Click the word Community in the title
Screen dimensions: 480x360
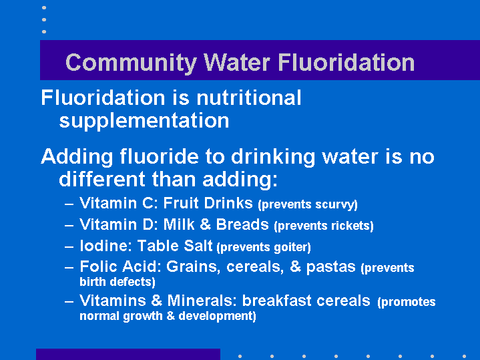[x=131, y=63]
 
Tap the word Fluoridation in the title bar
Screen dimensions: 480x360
[x=346, y=62]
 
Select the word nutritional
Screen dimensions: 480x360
[x=249, y=98]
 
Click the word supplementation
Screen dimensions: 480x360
[x=144, y=121]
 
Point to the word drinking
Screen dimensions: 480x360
[x=273, y=157]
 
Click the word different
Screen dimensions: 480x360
[x=102, y=179]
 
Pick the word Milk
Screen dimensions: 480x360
[x=179, y=224]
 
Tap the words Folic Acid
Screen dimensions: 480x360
[x=120, y=266]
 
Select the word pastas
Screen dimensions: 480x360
[x=331, y=267]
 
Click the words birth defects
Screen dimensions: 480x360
[x=117, y=282]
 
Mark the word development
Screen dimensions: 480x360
[x=217, y=316]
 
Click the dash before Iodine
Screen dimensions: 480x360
[x=69, y=246]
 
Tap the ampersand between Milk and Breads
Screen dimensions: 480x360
[x=205, y=224]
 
